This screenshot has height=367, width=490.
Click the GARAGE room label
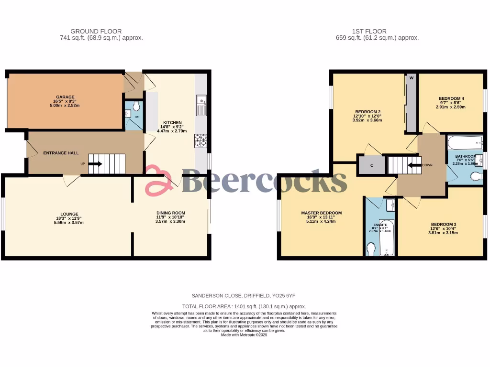point(65,97)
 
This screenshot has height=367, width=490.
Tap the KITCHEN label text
point(172,123)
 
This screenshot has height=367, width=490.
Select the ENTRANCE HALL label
point(61,153)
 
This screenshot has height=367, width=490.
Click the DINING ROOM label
point(170,213)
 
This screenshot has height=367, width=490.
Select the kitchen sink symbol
point(201,105)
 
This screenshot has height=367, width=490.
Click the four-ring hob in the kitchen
point(200,140)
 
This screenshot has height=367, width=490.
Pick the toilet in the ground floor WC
point(137,106)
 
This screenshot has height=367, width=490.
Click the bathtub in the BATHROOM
point(465,142)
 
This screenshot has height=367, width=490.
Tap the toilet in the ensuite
point(371,248)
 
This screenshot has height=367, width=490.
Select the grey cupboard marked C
point(372,165)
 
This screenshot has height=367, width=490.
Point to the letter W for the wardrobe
point(411,78)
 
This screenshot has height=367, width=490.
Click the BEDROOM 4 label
point(451,98)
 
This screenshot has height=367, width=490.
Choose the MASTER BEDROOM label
point(321,213)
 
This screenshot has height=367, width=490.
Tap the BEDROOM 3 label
point(443,224)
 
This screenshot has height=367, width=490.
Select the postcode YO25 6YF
point(289,296)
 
